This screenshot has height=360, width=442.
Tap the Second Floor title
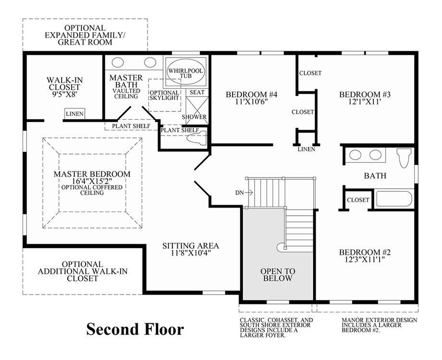coord(135,329)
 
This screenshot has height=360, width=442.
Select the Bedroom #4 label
coord(251,94)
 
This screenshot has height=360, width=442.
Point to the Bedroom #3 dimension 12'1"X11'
coord(365,101)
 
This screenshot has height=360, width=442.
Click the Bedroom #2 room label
coord(365,252)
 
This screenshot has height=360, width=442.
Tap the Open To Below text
coord(278,275)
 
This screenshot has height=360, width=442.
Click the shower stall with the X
coord(197,111)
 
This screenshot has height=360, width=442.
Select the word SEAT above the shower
coord(197,92)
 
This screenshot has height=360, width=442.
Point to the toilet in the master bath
coord(197,139)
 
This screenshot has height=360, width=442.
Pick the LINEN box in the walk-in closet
coord(74,113)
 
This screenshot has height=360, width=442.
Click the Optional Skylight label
coord(164,95)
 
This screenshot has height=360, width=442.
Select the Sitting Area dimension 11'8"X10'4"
coord(191,253)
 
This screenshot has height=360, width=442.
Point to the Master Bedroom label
coord(92,174)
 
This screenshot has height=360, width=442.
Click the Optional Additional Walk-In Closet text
coord(83,272)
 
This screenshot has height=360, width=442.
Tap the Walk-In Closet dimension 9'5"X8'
coord(64,94)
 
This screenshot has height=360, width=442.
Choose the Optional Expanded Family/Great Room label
coord(85,35)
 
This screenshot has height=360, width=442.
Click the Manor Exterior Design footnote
coord(380,325)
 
